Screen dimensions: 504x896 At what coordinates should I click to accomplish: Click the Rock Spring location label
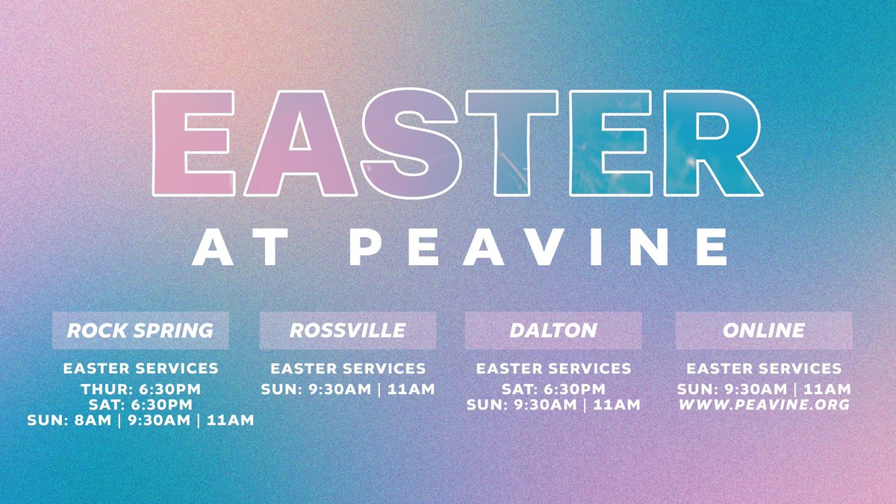coord(140,330)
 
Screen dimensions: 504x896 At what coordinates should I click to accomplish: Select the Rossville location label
coord(347,330)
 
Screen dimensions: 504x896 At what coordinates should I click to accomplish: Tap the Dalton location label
coord(553,330)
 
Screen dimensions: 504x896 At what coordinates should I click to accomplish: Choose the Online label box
coord(764,330)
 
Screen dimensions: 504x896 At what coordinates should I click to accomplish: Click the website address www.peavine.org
coord(764,405)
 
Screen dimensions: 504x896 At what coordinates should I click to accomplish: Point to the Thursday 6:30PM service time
coord(140,389)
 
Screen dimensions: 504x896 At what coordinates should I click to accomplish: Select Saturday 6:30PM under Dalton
coord(553,389)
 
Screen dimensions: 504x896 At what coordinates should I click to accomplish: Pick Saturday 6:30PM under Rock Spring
coord(140,405)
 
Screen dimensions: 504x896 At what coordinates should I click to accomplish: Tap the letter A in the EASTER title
coord(302,144)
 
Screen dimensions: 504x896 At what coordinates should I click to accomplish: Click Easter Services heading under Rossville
coord(347,369)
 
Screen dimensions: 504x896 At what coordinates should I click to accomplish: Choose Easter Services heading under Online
coord(764,369)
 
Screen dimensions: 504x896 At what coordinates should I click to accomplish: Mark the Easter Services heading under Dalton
coord(553,369)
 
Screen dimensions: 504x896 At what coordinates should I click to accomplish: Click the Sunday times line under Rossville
coord(347,389)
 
